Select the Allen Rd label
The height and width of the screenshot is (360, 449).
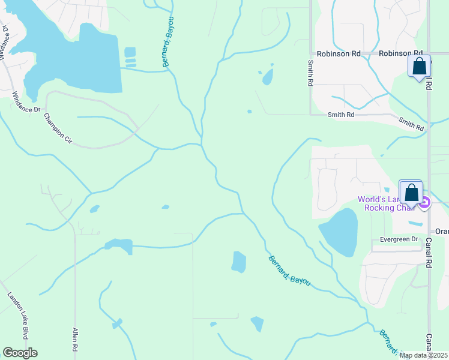point(75,339)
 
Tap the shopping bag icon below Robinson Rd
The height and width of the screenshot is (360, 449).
point(419,66)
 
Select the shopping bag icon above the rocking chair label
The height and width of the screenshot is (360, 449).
point(411,193)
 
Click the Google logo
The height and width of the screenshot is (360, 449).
point(20,353)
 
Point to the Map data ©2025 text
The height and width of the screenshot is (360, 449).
point(423,355)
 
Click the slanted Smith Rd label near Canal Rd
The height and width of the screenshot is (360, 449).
point(411,124)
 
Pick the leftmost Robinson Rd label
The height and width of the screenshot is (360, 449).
point(339,53)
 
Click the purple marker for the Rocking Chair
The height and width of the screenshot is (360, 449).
point(425,203)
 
